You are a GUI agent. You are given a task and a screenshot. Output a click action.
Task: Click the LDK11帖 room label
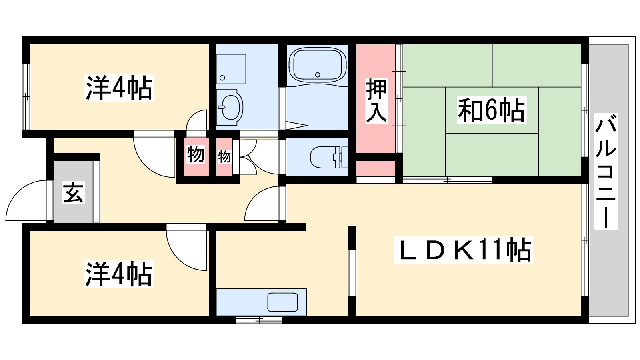pyautogui.click(x=463, y=250)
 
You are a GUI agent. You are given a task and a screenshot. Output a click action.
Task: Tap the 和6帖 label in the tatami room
pyautogui.click(x=492, y=110)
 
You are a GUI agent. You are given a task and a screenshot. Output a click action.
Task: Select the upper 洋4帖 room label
pyautogui.click(x=119, y=88)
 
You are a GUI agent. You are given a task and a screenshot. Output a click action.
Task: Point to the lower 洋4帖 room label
pyautogui.click(x=119, y=274)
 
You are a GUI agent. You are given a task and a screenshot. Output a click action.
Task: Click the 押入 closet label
pyautogui.click(x=376, y=100)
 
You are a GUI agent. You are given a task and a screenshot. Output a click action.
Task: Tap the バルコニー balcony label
pyautogui.click(x=606, y=171)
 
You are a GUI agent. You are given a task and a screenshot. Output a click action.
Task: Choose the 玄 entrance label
pyautogui.click(x=74, y=193)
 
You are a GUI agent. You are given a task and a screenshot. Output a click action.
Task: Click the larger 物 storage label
pyautogui.click(x=196, y=154)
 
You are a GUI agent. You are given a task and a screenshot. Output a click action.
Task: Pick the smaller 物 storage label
pyautogui.click(x=224, y=157)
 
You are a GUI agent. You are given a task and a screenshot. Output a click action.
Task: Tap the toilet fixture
pyautogui.click(x=329, y=157)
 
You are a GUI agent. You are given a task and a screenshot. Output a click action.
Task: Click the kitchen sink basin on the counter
pyautogui.click(x=282, y=302)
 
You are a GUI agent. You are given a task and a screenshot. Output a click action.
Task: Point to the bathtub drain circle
pyautogui.click(x=318, y=75)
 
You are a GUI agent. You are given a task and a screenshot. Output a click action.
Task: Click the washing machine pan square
pyautogui.click(x=231, y=69)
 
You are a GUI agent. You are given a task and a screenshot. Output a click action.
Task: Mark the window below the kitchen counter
pyautogui.click(x=259, y=320)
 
